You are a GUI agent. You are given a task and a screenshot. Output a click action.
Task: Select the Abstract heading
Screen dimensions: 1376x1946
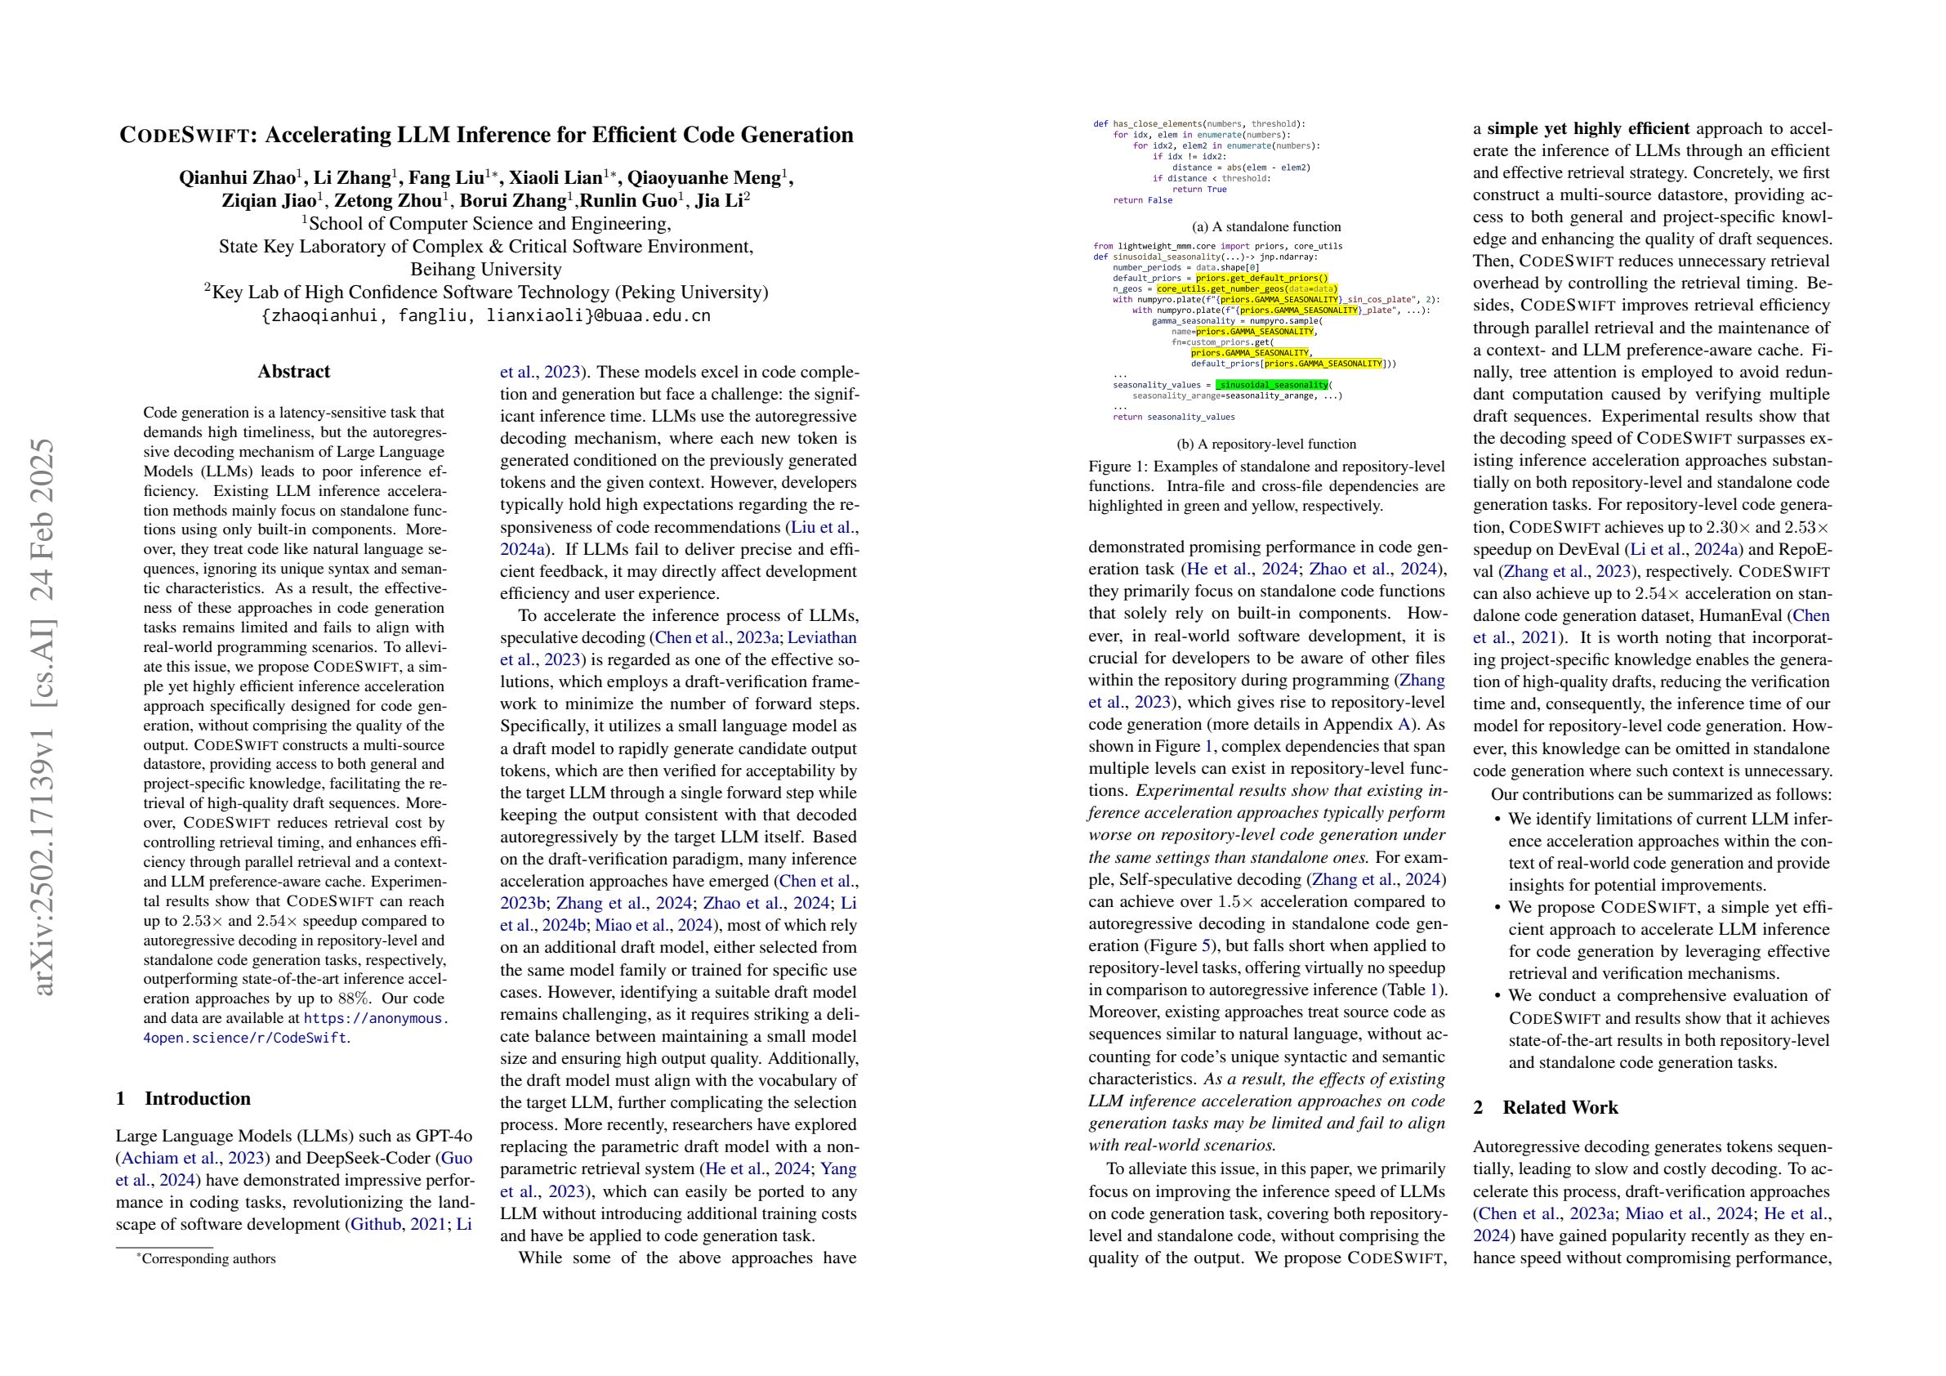pyautogui.click(x=293, y=371)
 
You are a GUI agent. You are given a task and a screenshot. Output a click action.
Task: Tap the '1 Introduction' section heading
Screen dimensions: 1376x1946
pyautogui.click(x=183, y=1099)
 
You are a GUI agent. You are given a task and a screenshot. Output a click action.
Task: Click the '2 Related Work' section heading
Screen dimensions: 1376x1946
pyautogui.click(x=1545, y=1107)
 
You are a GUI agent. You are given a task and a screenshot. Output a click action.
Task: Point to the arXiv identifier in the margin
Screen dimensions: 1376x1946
pyautogui.click(x=42, y=717)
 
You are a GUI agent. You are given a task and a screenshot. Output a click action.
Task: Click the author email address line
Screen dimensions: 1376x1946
pyautogui.click(x=485, y=315)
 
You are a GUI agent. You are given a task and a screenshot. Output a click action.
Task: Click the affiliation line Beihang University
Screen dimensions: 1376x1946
pyautogui.click(x=485, y=270)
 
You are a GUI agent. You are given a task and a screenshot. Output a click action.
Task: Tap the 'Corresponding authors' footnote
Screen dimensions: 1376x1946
pyautogui.click(x=208, y=1259)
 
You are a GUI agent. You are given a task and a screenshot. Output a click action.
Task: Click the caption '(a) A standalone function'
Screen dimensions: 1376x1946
pyautogui.click(x=1266, y=227)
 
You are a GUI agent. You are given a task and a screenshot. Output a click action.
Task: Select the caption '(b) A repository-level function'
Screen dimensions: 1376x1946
pyautogui.click(x=1266, y=445)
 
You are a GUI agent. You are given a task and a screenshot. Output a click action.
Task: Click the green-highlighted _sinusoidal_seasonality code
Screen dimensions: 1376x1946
pyautogui.click(x=1271, y=385)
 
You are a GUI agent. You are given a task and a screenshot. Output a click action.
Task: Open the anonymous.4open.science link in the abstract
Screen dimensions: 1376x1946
pyautogui.click(x=376, y=1018)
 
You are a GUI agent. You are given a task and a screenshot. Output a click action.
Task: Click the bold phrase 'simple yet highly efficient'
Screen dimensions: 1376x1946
pyautogui.click(x=1588, y=129)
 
